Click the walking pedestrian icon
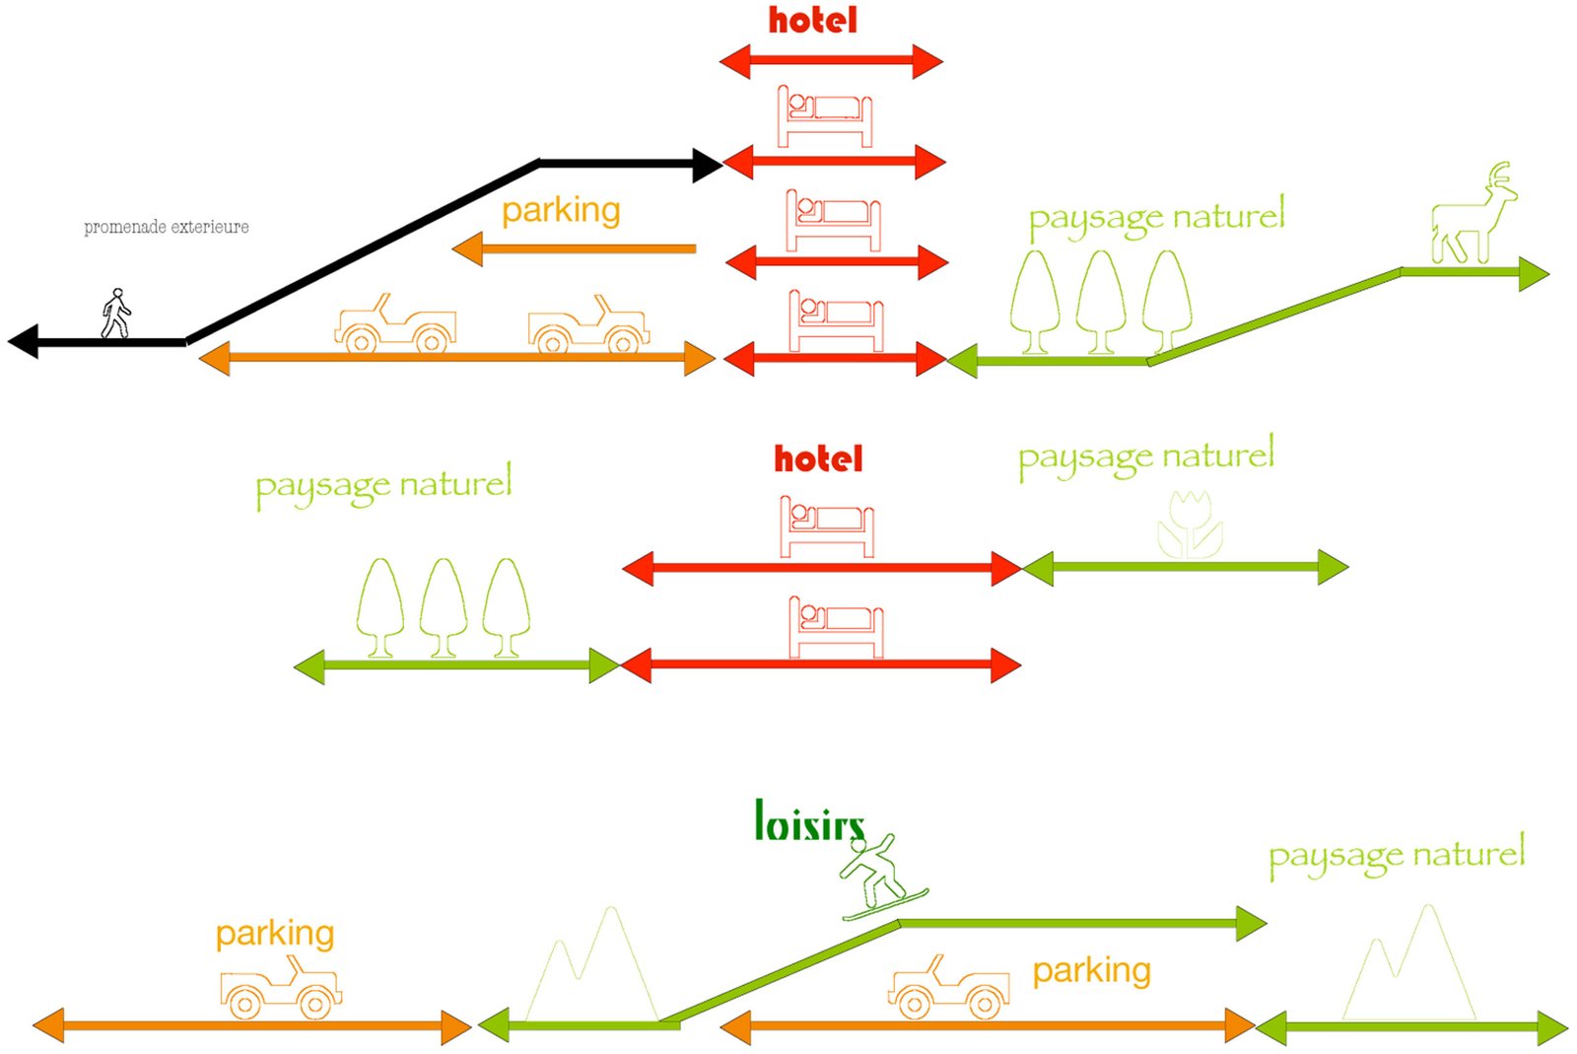[116, 314]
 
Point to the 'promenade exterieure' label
[166, 228]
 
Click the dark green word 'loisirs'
[809, 822]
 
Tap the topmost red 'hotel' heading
[812, 21]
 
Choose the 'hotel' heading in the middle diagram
[818, 458]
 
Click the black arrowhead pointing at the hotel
[707, 166]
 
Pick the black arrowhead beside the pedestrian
[24, 341]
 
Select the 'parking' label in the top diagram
[561, 210]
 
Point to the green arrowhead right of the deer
[1533, 273]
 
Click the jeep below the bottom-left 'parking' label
[280, 989]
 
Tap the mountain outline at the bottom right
[1409, 966]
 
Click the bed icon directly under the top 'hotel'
[825, 116]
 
